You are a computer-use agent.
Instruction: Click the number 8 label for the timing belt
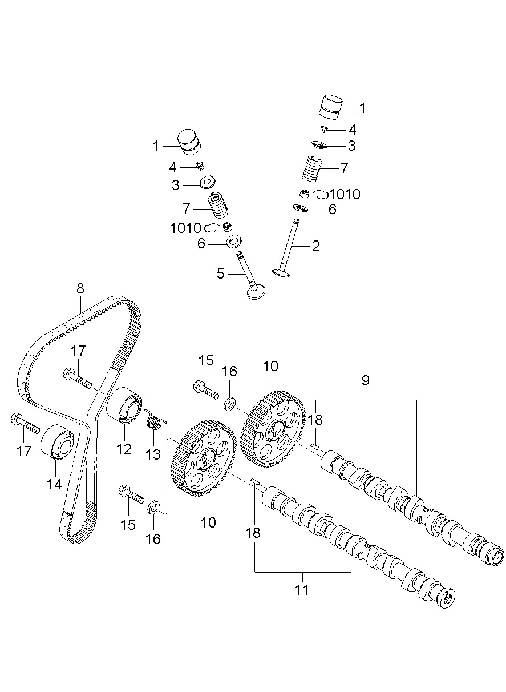click(x=80, y=288)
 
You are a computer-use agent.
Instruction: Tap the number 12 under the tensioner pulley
click(x=124, y=449)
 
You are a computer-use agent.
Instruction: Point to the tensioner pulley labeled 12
click(x=124, y=405)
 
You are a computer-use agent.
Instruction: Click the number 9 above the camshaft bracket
click(x=366, y=379)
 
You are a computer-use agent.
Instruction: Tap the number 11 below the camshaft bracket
click(x=301, y=589)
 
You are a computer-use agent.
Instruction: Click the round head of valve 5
click(x=257, y=292)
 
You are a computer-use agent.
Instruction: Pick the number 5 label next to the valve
click(x=221, y=273)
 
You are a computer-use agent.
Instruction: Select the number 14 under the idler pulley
click(x=54, y=484)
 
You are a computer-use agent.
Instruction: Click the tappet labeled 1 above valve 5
click(x=190, y=140)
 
